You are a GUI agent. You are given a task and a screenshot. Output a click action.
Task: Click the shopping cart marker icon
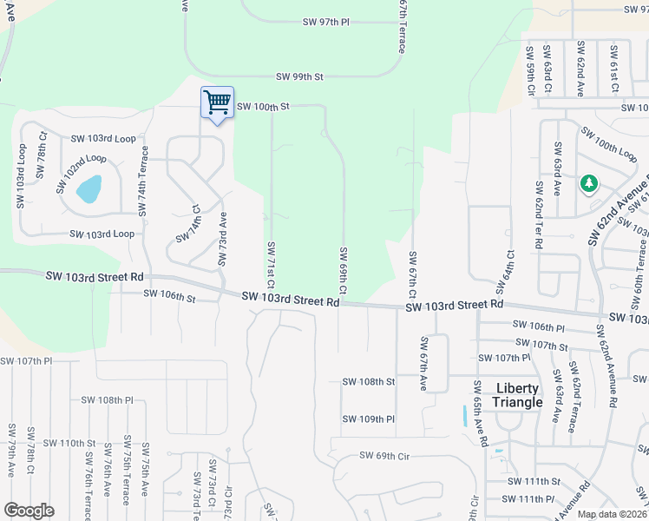[217, 102]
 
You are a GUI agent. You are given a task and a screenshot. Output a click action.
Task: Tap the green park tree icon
[589, 183]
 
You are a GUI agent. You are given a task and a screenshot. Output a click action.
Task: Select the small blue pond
[88, 188]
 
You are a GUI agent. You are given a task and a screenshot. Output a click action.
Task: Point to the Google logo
[29, 511]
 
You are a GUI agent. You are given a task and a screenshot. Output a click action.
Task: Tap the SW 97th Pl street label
[325, 21]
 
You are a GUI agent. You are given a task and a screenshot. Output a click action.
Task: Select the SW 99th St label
[299, 77]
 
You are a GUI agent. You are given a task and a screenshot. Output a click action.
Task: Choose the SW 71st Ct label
[271, 264]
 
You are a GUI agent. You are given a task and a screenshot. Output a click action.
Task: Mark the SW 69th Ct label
[344, 269]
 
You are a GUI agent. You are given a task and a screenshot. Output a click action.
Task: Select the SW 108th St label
[368, 381]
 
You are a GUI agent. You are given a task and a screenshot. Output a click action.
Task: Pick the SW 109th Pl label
[368, 419]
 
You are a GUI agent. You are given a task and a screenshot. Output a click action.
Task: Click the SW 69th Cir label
[384, 456]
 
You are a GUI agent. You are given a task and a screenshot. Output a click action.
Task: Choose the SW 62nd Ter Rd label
[539, 221]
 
